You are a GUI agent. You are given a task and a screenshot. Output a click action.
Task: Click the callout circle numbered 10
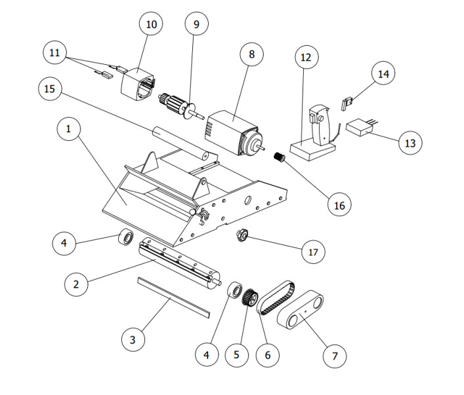pyautogui.click(x=152, y=25)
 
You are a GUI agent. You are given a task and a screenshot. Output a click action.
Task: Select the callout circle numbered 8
pyautogui.click(x=251, y=55)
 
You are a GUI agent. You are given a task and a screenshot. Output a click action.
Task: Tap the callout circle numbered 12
pyautogui.click(x=306, y=58)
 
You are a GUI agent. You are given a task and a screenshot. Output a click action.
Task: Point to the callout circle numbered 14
pyautogui.click(x=383, y=74)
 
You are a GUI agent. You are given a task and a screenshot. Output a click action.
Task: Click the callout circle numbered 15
pyautogui.click(x=49, y=89)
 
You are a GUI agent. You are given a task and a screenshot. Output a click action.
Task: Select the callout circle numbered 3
pyautogui.click(x=133, y=339)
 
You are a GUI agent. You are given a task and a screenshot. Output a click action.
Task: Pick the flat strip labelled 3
pyautogui.click(x=172, y=295)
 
